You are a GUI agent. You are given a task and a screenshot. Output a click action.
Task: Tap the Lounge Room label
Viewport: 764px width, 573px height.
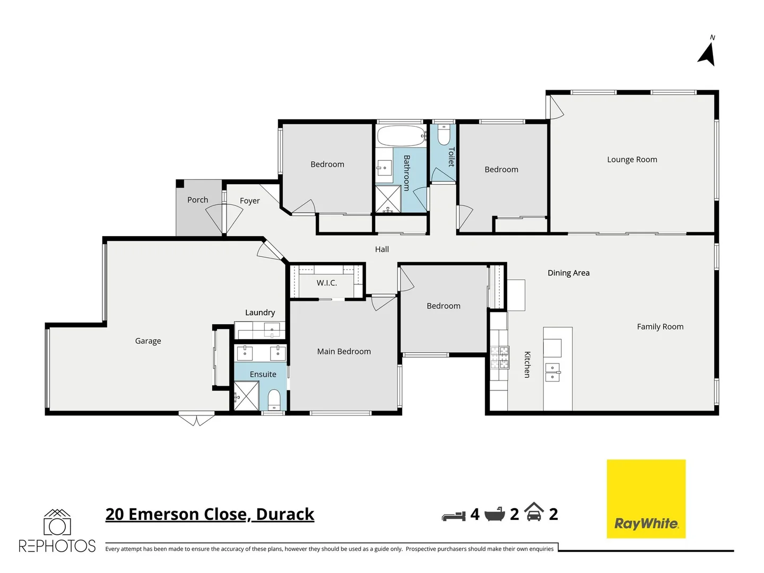click(x=632, y=160)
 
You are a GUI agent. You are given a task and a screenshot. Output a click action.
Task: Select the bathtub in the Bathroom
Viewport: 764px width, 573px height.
click(x=401, y=136)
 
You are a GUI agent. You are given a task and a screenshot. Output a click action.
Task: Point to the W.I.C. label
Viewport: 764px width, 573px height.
click(x=327, y=283)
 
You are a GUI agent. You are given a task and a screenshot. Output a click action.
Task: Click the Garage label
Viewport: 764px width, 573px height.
click(x=148, y=341)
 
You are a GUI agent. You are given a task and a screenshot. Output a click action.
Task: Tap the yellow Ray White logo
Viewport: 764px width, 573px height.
click(x=646, y=499)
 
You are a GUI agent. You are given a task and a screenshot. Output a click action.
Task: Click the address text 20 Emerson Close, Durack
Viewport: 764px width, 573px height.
click(x=210, y=514)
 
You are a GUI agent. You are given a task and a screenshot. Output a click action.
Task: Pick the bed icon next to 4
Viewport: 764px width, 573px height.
click(x=454, y=515)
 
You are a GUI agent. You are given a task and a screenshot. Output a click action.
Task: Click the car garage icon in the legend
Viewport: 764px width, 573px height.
click(x=534, y=513)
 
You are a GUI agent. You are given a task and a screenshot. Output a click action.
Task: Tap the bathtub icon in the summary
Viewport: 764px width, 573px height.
click(x=494, y=514)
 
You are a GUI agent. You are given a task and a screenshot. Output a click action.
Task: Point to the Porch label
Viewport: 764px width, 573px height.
click(x=197, y=200)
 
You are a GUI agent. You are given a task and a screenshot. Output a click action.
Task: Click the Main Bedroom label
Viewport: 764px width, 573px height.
click(x=344, y=352)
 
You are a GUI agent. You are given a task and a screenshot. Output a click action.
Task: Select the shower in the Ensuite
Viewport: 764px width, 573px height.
click(x=246, y=396)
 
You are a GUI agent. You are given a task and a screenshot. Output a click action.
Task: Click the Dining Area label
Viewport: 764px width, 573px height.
click(x=568, y=273)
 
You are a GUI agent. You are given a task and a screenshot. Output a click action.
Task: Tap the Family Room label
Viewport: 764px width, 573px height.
click(x=660, y=327)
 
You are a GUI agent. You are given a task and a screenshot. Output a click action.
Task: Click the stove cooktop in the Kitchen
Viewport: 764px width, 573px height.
click(x=499, y=357)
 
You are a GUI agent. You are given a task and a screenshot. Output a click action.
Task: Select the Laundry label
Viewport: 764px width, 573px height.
click(x=260, y=313)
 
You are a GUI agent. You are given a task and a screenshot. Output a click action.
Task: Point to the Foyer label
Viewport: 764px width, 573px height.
click(x=249, y=201)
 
